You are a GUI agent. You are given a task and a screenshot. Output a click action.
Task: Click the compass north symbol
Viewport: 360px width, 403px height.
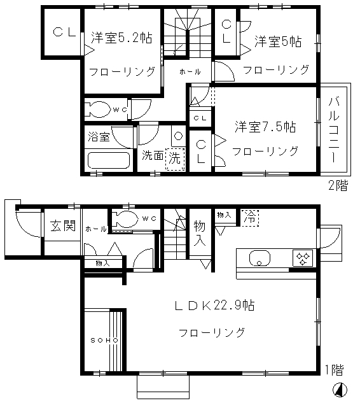tap(340, 389)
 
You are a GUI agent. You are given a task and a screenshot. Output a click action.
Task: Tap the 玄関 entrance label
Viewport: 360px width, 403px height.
tap(63, 225)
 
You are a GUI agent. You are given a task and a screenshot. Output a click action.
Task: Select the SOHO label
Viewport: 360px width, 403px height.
tap(104, 340)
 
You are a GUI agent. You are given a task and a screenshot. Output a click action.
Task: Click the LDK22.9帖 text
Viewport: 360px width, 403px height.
tap(214, 306)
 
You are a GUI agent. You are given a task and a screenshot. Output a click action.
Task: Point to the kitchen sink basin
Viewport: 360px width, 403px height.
tap(260, 258)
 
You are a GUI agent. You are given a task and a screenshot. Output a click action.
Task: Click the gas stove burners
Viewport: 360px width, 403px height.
tap(303, 258)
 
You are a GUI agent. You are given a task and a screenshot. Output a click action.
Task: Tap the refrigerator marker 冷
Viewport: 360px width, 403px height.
tap(250, 218)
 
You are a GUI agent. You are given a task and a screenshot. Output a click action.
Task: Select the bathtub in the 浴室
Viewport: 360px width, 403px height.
tap(109, 160)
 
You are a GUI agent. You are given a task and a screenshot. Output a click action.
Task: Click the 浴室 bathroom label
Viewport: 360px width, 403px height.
tap(99, 136)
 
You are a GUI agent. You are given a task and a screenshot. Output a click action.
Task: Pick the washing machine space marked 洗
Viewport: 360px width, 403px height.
tap(175, 159)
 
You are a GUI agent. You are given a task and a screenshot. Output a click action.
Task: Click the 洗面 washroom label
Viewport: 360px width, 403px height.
tap(153, 155)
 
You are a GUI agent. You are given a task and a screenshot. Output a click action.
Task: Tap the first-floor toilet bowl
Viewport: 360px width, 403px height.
tap(126, 219)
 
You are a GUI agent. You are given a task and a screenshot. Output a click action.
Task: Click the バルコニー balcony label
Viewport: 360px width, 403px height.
tap(334, 130)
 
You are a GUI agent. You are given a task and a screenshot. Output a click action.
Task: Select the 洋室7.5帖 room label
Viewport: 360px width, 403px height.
tap(265, 127)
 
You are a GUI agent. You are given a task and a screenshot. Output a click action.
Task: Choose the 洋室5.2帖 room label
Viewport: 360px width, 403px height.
tap(121, 38)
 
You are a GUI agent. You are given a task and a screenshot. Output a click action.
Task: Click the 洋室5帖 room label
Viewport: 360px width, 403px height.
tap(278, 41)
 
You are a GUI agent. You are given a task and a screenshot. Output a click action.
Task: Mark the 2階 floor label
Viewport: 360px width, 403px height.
tap(338, 185)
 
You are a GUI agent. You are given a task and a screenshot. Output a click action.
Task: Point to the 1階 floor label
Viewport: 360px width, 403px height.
tap(335, 370)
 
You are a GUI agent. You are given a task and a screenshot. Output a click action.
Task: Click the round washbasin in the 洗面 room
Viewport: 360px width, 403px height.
tap(178, 136)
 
